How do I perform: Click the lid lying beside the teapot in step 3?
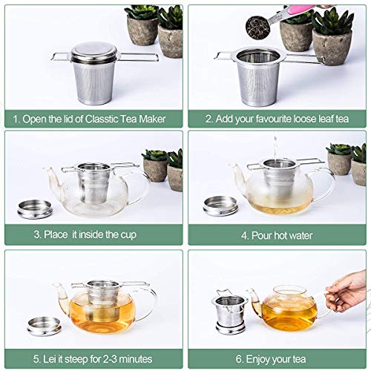coord(34,208)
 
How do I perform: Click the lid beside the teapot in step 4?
coord(220,206)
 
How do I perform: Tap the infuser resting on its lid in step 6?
coord(230,308)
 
